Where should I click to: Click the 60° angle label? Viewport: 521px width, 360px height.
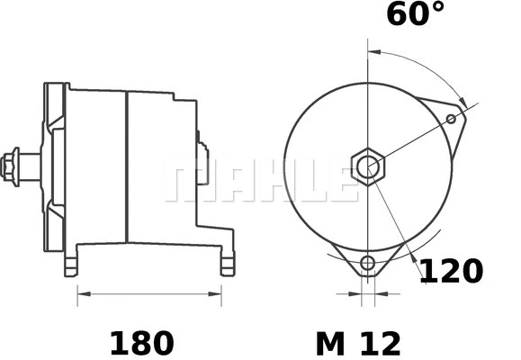pos(415,15)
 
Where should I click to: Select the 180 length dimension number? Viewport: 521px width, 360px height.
pos(141,342)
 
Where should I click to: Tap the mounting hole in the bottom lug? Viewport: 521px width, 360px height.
pos(367,264)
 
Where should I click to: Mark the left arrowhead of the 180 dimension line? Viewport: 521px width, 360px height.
pos(82,292)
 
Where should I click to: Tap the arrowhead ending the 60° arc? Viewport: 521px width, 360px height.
pos(463,100)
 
